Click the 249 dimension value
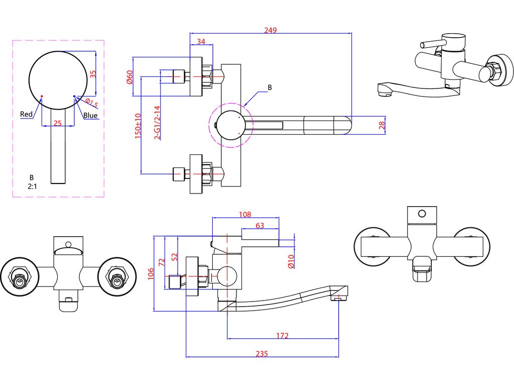(271, 30)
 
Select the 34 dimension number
(201, 41)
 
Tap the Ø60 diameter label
(130, 77)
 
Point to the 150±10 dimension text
(138, 126)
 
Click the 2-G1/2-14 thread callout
(157, 123)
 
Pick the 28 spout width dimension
(381, 125)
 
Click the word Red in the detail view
(26, 114)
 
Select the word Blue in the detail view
(90, 115)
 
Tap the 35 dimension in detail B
(93, 74)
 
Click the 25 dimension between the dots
(57, 123)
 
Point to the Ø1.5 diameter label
(91, 103)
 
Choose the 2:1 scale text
(32, 186)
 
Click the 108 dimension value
(245, 214)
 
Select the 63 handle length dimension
(260, 226)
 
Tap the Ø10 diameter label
(291, 261)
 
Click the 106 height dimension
(151, 274)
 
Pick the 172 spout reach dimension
(282, 335)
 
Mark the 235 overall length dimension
(262, 353)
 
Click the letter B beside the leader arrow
(270, 87)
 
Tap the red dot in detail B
(42, 96)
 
